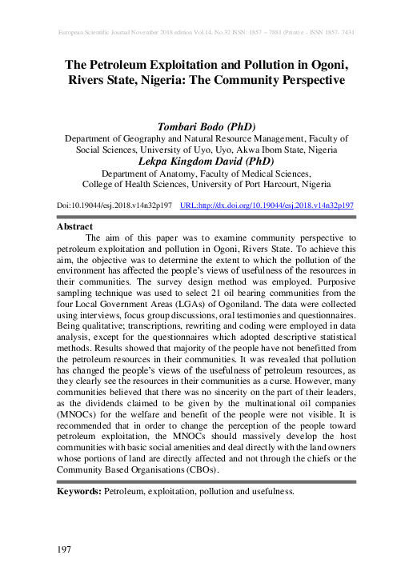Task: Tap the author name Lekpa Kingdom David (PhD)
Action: click(x=207, y=161)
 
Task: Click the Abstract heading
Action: click(x=75, y=226)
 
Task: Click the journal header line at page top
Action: click(x=207, y=33)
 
